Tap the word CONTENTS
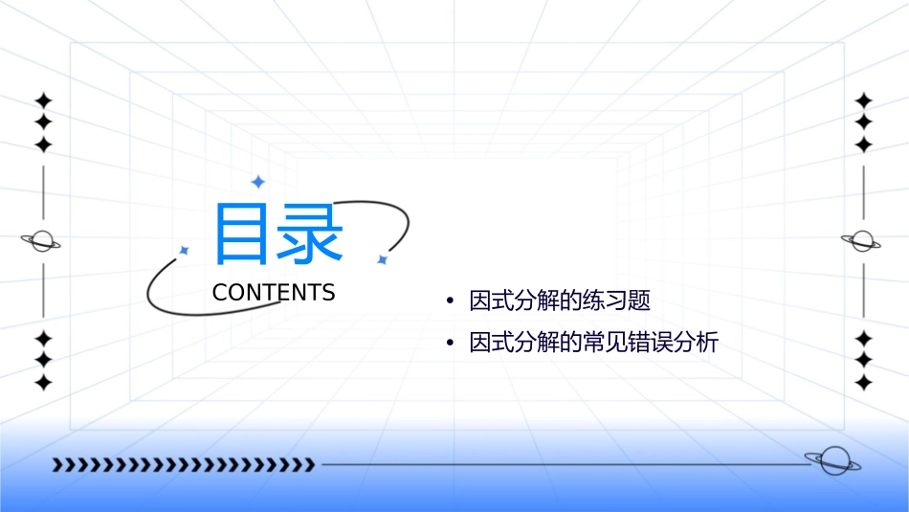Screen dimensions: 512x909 click(x=274, y=293)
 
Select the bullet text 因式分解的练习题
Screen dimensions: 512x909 click(x=560, y=301)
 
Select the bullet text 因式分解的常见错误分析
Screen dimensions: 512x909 click(x=593, y=342)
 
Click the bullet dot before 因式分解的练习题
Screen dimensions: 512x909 click(x=450, y=302)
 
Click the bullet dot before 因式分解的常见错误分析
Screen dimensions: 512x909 click(x=450, y=343)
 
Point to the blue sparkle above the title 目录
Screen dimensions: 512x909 click(x=257, y=182)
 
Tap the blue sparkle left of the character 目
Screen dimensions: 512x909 click(x=184, y=250)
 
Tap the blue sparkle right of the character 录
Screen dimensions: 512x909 click(x=382, y=259)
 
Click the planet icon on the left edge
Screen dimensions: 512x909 click(x=41, y=241)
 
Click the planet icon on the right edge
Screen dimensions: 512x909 click(x=862, y=241)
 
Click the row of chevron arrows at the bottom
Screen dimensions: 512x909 click(x=184, y=465)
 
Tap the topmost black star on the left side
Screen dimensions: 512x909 click(x=43, y=100)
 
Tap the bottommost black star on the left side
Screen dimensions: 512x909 click(x=43, y=383)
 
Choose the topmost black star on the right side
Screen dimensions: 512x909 click(x=864, y=100)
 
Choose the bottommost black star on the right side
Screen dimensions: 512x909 click(x=864, y=383)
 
